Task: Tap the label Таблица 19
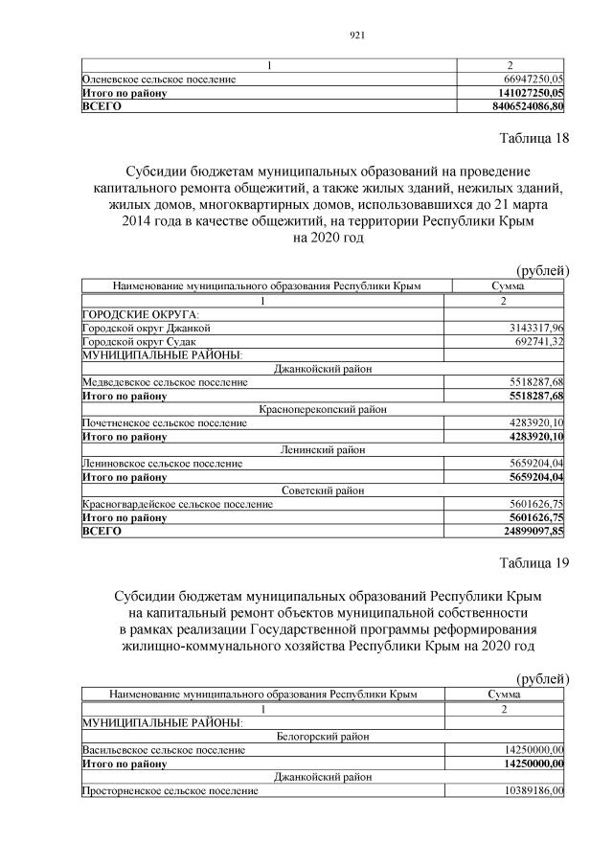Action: [534, 562]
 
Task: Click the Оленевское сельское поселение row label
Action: [160, 79]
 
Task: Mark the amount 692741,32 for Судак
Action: [537, 341]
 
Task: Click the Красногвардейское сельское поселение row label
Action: [171, 504]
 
